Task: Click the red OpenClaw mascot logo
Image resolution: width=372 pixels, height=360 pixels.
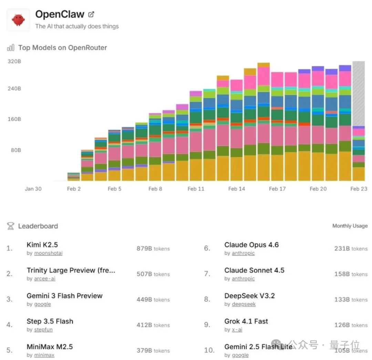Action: coord(18,20)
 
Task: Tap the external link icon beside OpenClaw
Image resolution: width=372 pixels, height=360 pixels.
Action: coord(91,14)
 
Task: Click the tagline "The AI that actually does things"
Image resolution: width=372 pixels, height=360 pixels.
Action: coord(77,26)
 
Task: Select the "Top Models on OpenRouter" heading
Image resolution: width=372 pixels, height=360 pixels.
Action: coord(62,48)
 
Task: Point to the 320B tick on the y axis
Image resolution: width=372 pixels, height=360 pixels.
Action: coord(14,61)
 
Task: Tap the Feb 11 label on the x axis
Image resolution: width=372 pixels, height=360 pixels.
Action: coord(196,189)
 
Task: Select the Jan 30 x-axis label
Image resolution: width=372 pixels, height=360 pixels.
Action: coord(33,189)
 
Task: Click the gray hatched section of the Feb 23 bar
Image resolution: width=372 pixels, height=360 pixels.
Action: coord(358,93)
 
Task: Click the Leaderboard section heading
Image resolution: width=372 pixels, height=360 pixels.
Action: coord(38,226)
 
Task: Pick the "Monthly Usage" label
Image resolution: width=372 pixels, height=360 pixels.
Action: coord(350,226)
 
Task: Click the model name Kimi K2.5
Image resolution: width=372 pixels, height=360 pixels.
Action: coord(42,245)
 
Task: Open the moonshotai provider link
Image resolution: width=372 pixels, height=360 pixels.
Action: coord(48,253)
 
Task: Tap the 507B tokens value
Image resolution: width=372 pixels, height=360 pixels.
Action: coord(153,274)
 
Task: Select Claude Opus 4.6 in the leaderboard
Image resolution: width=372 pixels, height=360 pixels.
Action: coord(251,245)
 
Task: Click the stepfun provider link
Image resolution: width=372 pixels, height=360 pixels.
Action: coord(43,330)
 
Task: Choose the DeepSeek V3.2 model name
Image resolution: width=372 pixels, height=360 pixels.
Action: coord(249,296)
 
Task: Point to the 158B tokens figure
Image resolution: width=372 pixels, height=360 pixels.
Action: coord(351,274)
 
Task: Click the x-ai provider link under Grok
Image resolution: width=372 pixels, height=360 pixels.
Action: coord(237,330)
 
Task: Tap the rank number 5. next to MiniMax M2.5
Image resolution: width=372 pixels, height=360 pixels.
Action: coord(10,350)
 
